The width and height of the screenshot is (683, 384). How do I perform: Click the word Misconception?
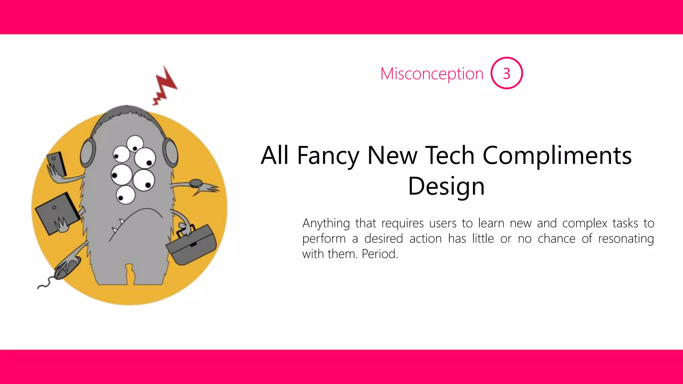click(432, 74)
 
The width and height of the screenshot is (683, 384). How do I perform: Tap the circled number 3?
click(506, 73)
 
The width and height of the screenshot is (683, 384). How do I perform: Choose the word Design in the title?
click(446, 186)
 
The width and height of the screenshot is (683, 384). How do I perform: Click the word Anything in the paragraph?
click(326, 223)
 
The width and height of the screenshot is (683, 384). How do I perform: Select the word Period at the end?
click(380, 254)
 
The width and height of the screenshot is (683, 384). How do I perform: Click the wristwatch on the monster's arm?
click(196, 183)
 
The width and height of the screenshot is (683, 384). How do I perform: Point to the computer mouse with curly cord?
click(67, 267)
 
